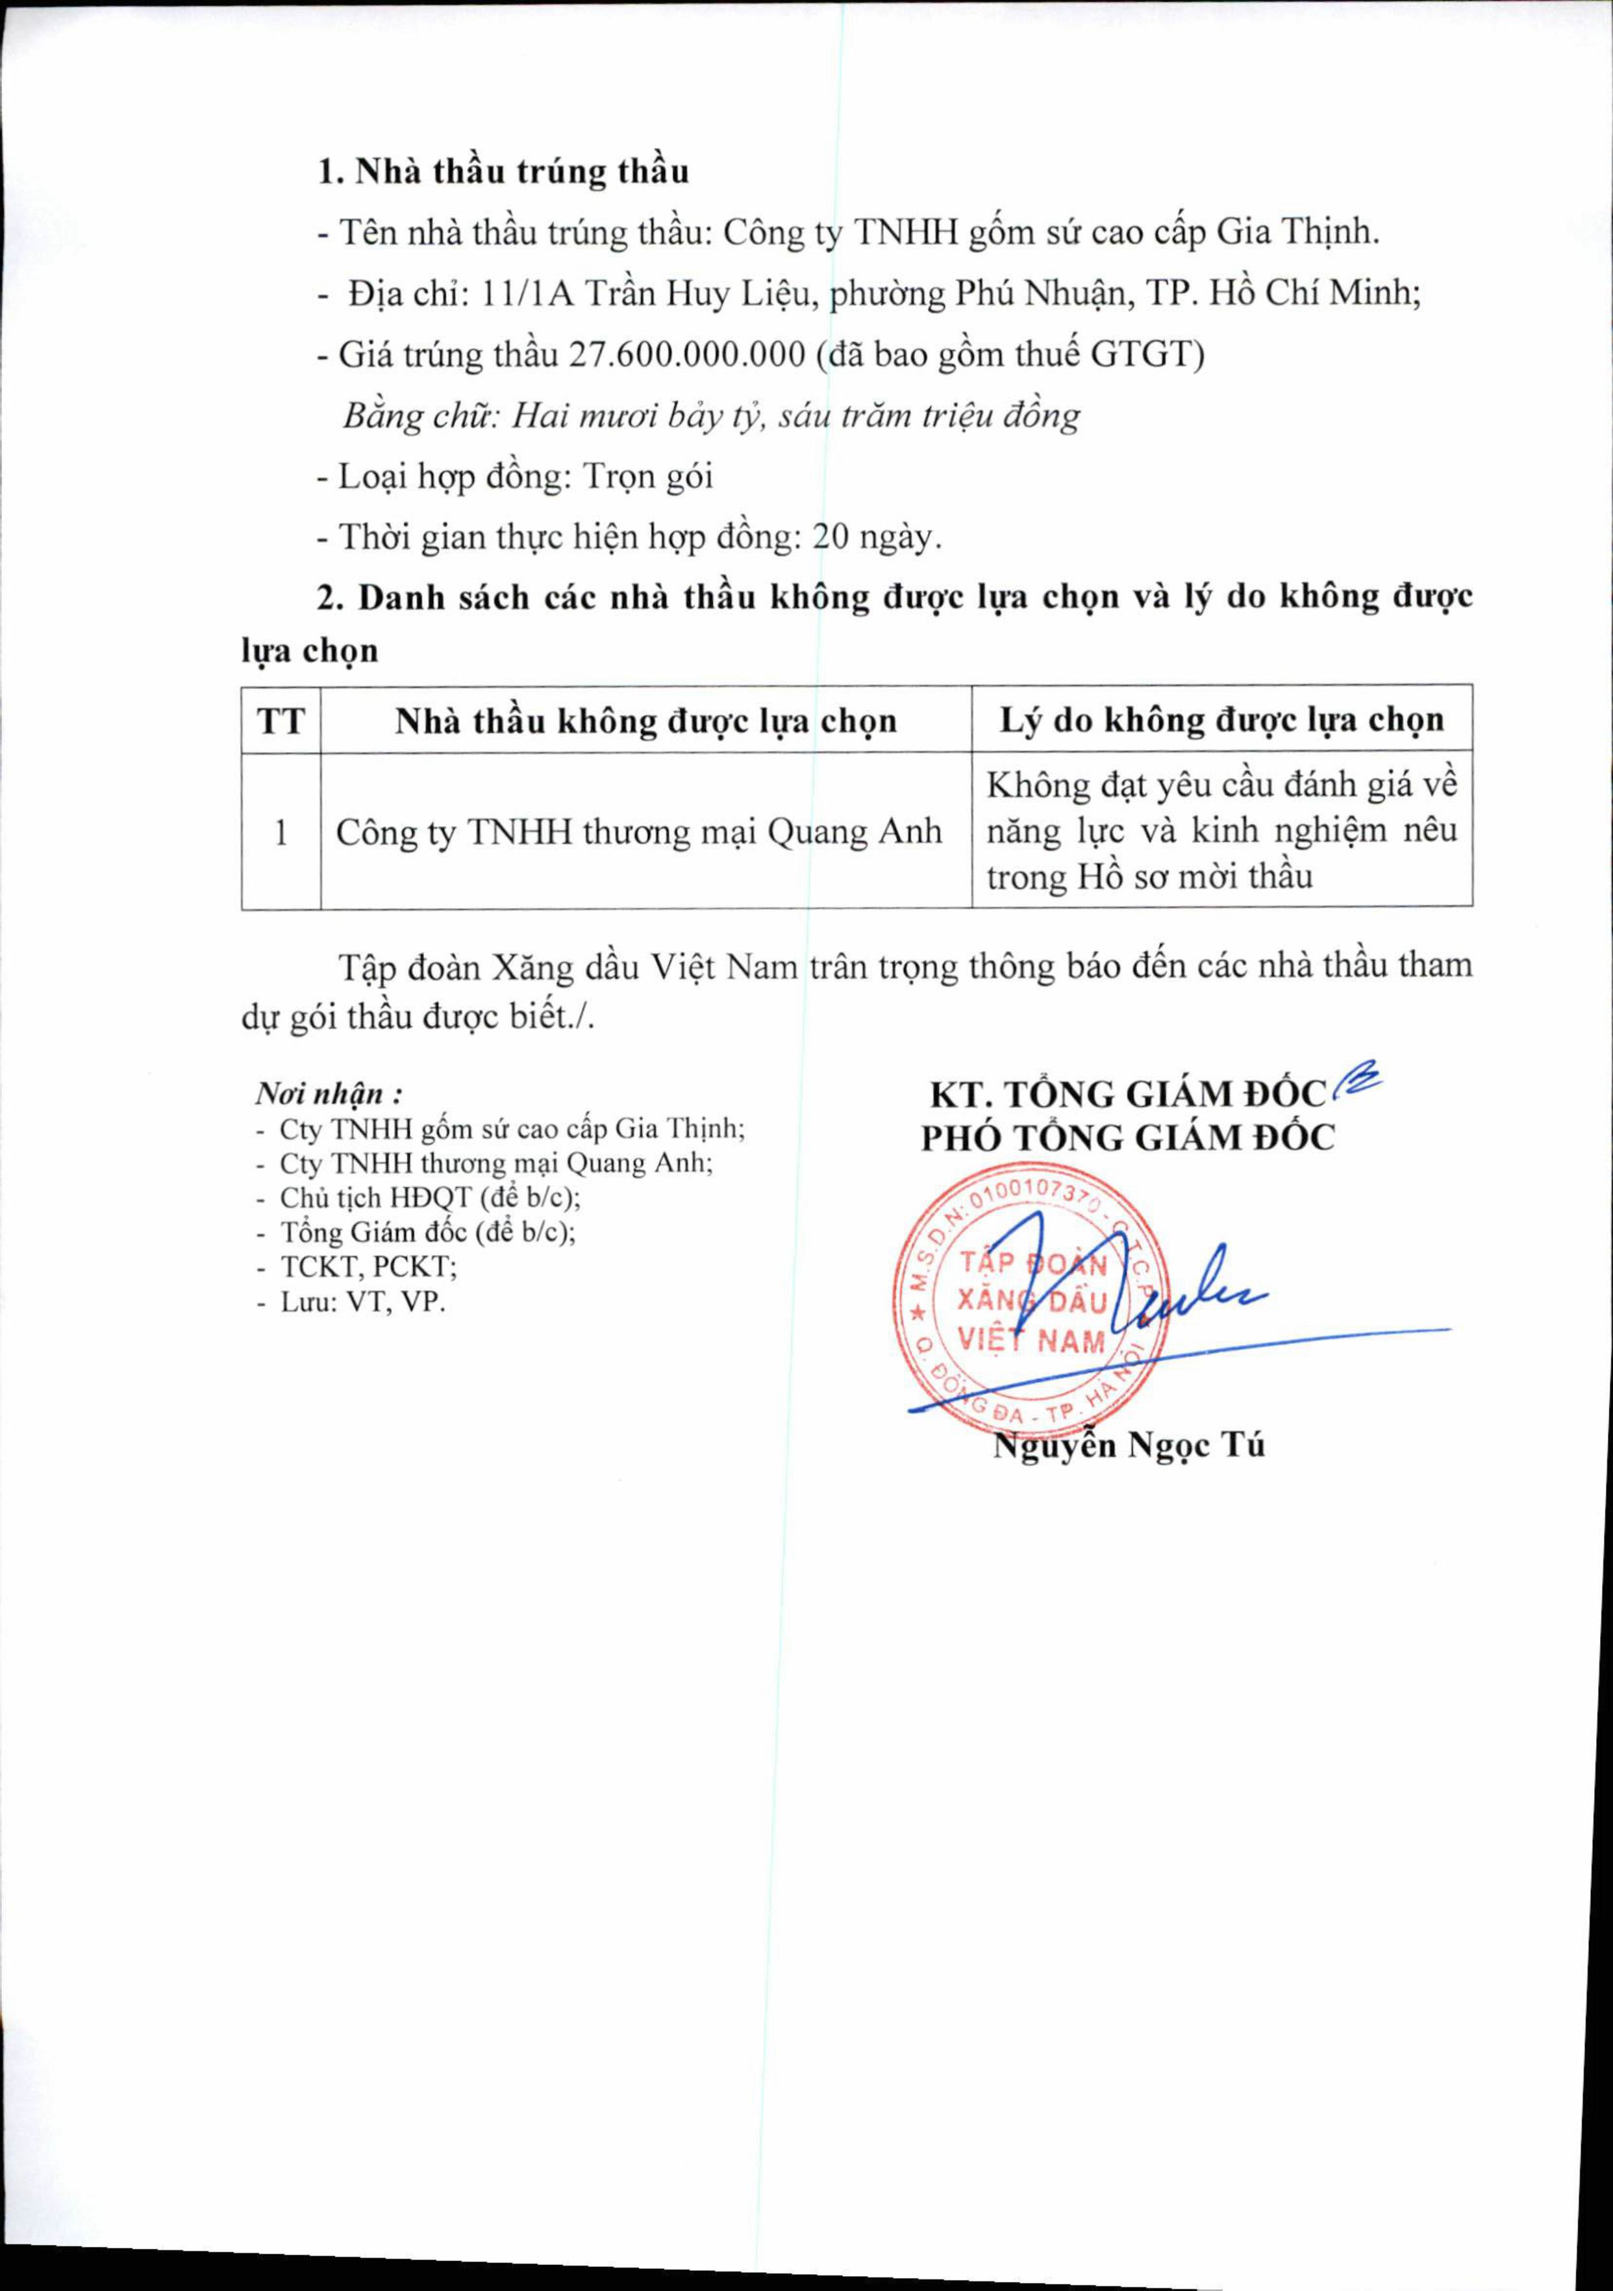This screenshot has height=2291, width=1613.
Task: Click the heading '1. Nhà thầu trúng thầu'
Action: (x=503, y=171)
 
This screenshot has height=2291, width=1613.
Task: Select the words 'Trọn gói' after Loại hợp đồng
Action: (x=647, y=476)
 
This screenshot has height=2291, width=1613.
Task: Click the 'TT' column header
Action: (x=281, y=720)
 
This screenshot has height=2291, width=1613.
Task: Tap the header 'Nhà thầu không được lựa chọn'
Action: (x=645, y=720)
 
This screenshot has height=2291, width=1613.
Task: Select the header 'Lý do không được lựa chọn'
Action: (x=1222, y=720)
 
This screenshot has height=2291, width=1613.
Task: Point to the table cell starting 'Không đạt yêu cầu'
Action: (x=1222, y=830)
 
